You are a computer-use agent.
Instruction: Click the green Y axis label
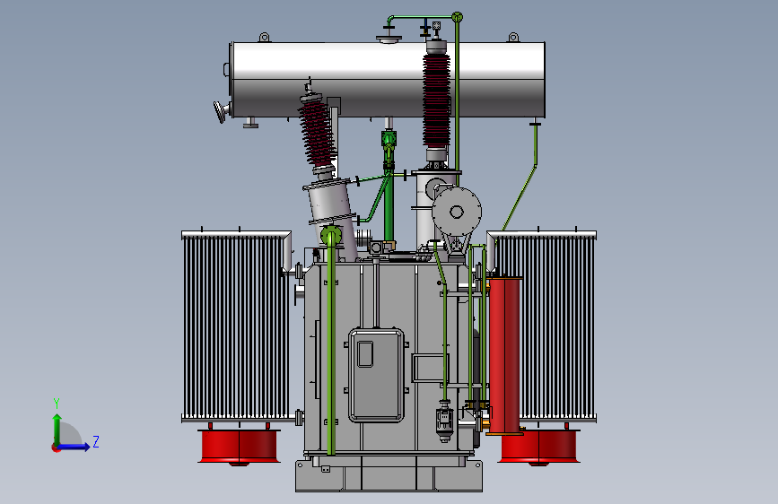pos(57,404)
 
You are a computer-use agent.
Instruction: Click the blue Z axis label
pos(96,441)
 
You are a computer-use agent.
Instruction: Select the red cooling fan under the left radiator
pos(240,447)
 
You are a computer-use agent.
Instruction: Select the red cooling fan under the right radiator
pos(539,447)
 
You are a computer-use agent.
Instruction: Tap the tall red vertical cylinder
pos(504,356)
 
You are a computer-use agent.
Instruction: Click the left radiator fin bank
pos(236,327)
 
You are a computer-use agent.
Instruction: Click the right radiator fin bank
pos(546,327)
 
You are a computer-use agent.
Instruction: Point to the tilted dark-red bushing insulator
pos(318,133)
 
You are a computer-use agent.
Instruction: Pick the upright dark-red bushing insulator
pos(437,100)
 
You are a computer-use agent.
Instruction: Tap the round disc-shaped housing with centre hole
pos(457,212)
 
